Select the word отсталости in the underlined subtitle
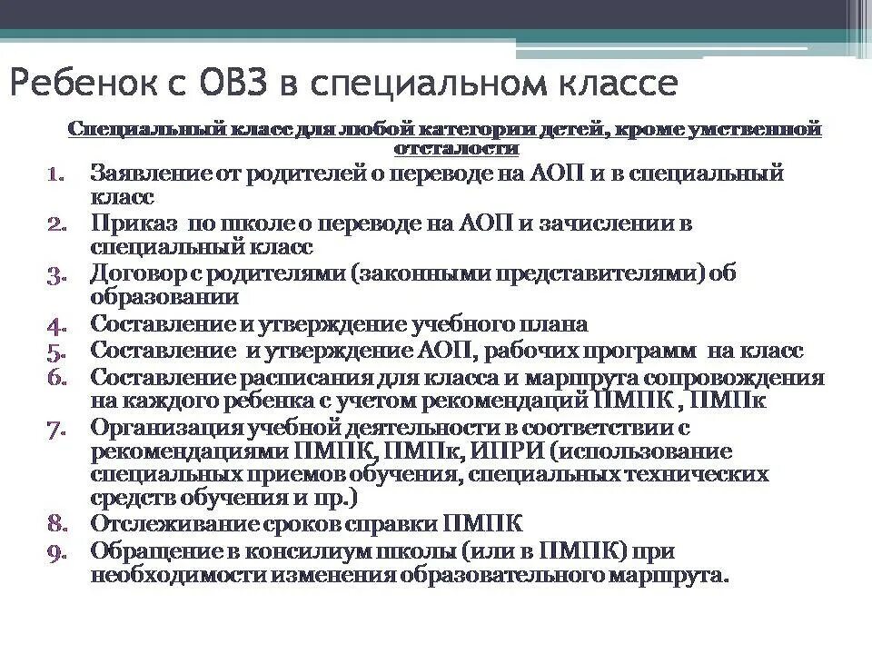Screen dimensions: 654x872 458,147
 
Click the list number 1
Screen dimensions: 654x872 55,173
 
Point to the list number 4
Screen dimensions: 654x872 54,324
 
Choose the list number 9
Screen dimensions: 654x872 54,551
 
